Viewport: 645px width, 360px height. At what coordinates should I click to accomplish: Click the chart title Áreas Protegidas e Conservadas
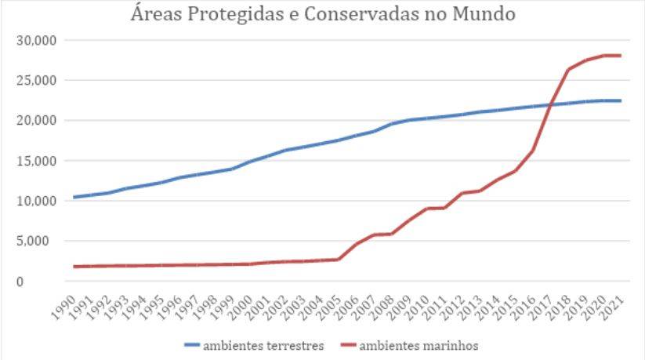coord(323,15)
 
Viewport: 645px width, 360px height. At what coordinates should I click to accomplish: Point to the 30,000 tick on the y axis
coord(33,40)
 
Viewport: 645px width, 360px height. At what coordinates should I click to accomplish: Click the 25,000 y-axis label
coord(33,80)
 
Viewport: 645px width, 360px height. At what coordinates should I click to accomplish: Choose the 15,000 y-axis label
coord(33,161)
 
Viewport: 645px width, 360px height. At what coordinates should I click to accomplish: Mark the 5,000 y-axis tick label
coord(36,241)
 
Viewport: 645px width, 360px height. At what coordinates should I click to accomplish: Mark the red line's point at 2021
coord(621,56)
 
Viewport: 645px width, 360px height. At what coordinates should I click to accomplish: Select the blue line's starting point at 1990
coord(74,197)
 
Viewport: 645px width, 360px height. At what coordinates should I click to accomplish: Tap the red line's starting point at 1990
coord(74,267)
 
